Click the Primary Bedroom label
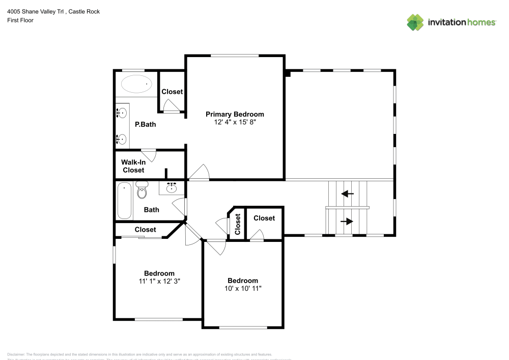tap(235, 114)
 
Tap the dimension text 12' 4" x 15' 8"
tap(235, 123)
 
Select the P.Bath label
tap(145, 124)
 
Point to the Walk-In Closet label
tap(133, 166)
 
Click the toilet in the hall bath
tap(142, 191)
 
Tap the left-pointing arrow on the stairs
tap(348, 193)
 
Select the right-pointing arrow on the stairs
tap(348, 221)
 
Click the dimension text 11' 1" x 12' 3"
tap(159, 281)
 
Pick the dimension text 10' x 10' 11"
tap(242, 289)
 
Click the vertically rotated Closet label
tap(238, 224)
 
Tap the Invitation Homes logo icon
tap(415, 22)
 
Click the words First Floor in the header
tap(20, 20)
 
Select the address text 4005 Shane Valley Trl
tap(36, 11)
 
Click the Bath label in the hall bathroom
tap(151, 209)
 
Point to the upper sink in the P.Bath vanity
tap(122, 113)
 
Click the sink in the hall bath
tap(172, 188)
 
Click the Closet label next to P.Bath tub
tap(172, 92)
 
